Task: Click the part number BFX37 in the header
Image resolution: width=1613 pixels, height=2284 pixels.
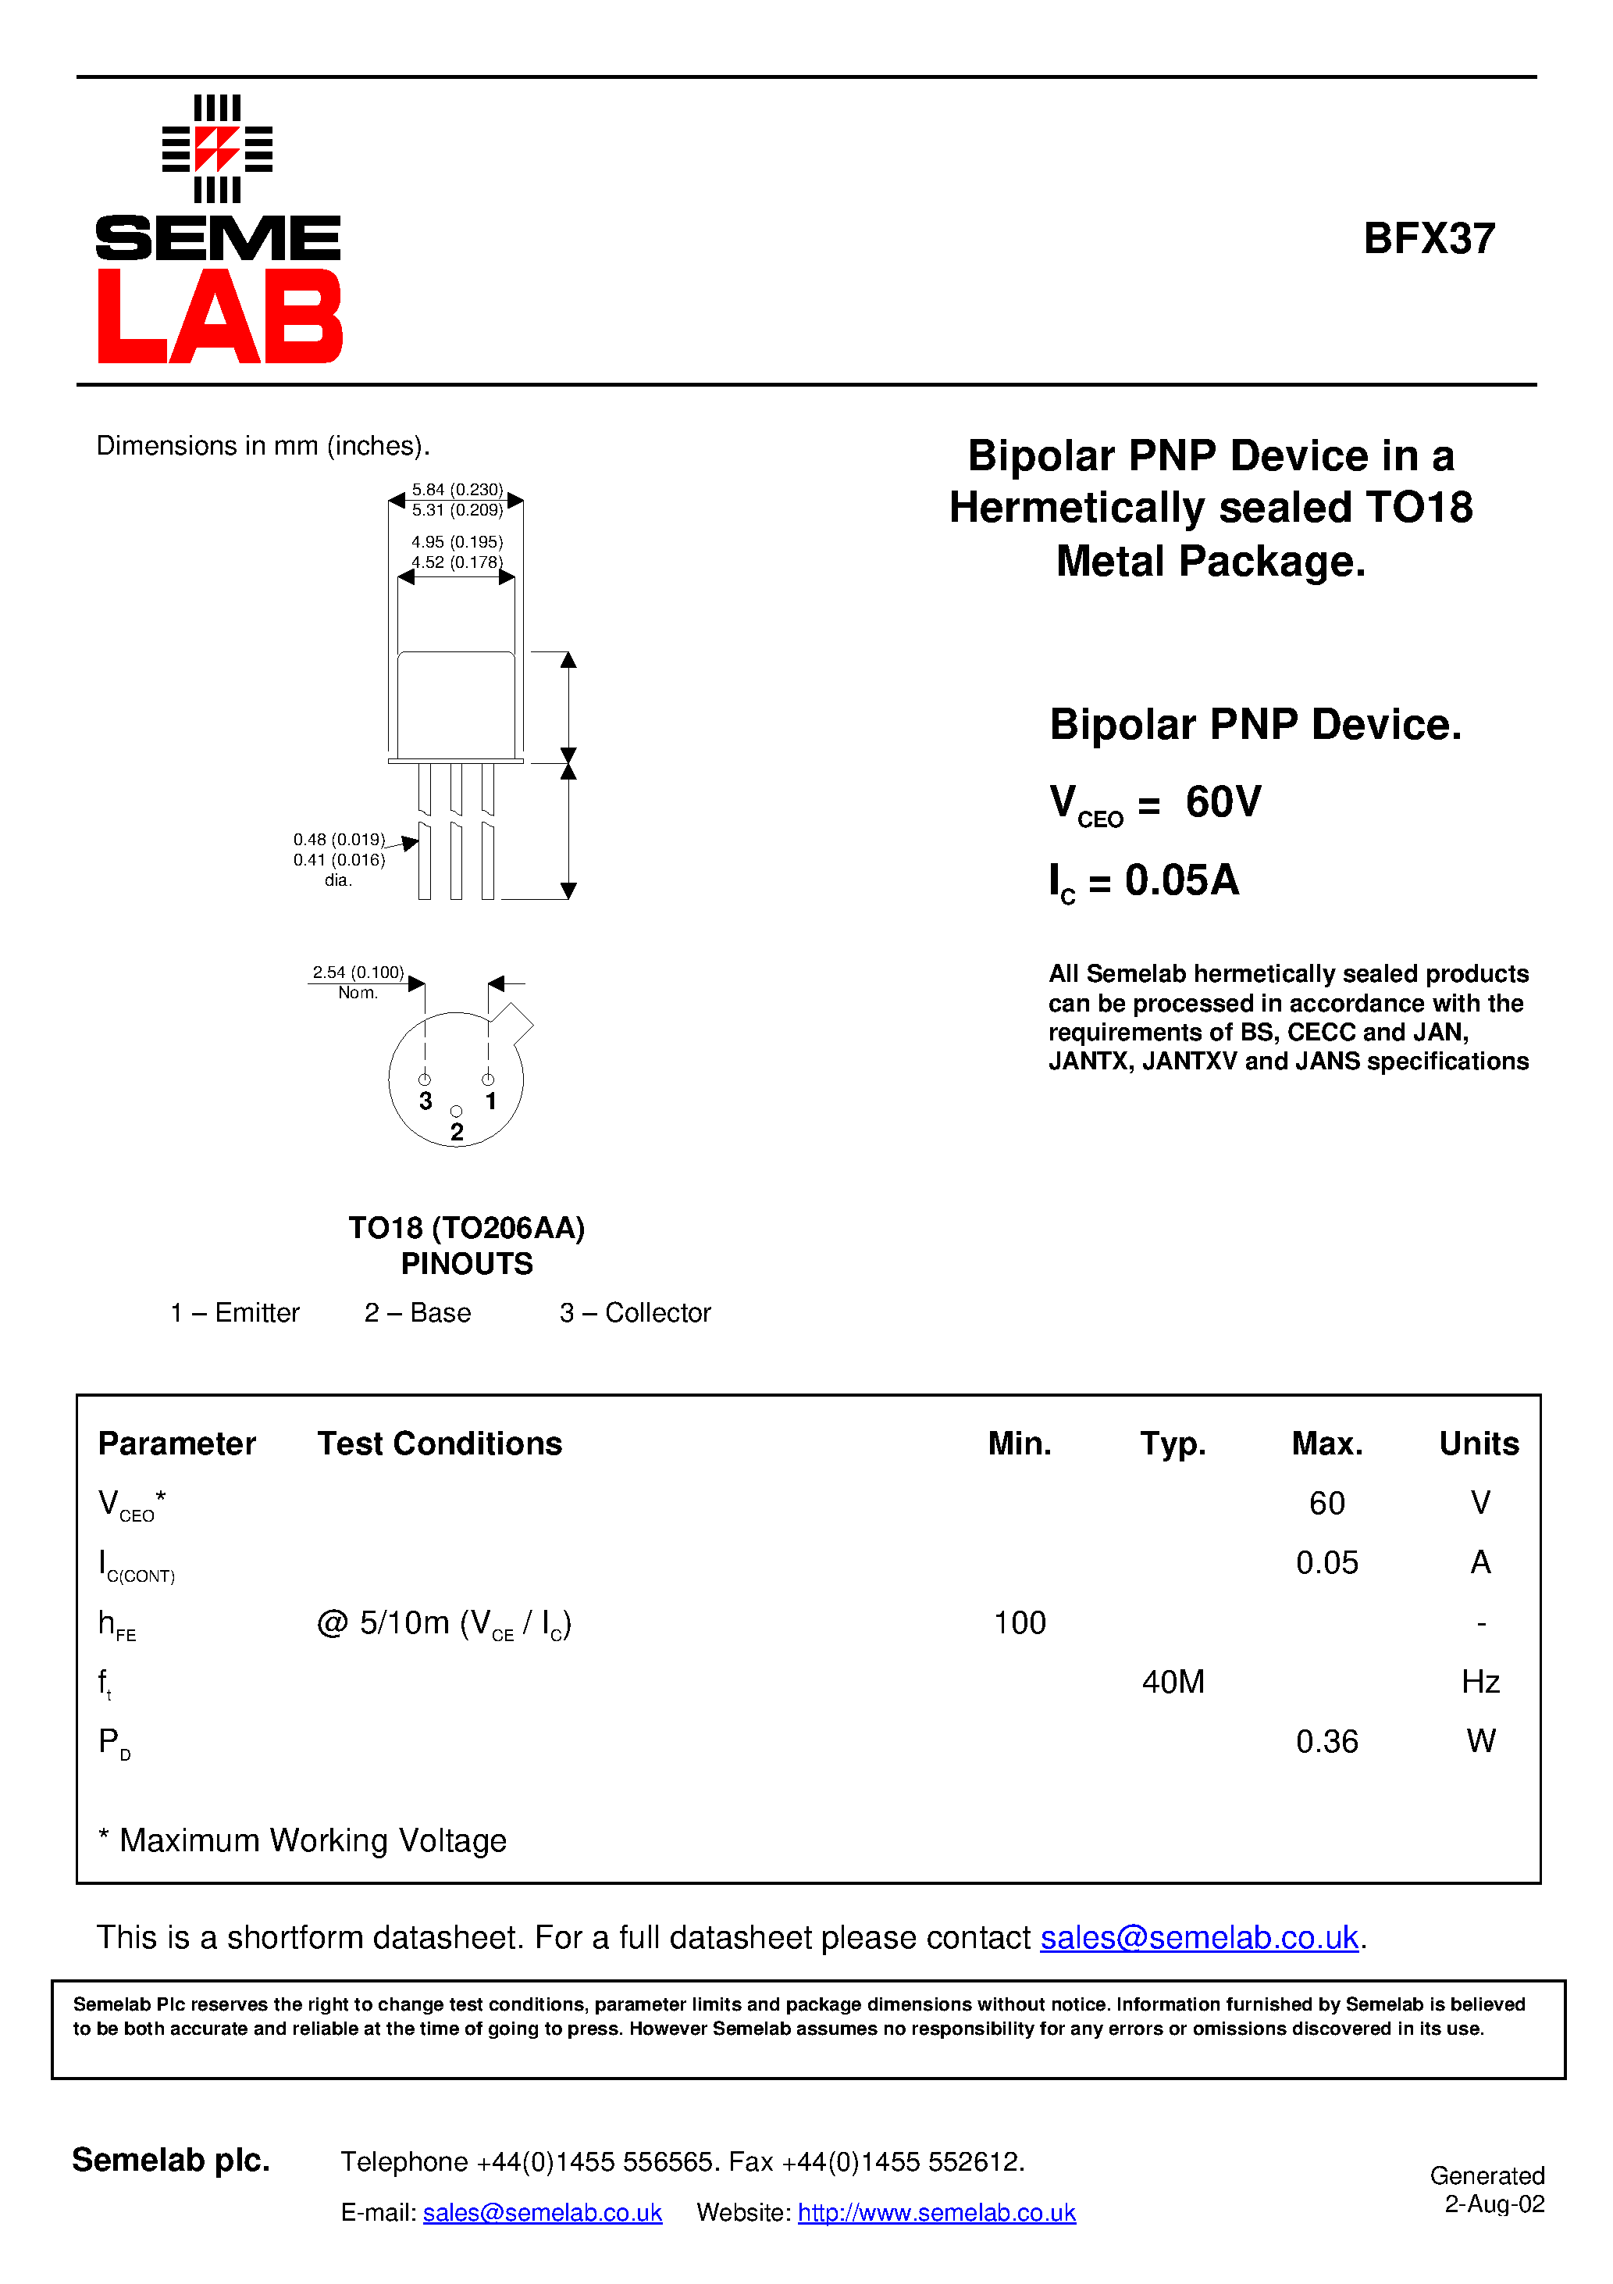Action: point(1428,239)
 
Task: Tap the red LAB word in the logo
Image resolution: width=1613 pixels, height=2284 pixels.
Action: point(219,317)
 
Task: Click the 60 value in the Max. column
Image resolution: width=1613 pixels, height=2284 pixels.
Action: point(1326,1502)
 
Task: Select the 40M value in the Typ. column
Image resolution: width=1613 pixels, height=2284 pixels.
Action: point(1173,1683)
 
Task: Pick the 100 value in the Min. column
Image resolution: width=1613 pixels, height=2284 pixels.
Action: point(1020,1622)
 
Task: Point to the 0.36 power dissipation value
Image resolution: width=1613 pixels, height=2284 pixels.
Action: point(1326,1742)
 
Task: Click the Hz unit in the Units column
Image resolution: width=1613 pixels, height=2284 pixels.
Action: point(1479,1683)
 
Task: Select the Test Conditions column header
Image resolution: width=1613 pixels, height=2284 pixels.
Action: point(440,1444)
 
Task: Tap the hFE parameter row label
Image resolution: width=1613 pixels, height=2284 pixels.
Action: point(116,1625)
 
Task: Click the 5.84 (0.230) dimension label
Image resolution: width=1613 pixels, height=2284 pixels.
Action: point(458,490)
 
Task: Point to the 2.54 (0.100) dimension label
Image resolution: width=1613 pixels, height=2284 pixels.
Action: point(358,972)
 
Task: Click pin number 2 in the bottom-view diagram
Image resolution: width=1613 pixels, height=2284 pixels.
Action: point(457,1132)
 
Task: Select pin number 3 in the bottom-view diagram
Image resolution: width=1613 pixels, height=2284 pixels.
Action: point(426,1101)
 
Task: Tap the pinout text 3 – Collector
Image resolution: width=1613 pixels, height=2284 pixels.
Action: point(635,1313)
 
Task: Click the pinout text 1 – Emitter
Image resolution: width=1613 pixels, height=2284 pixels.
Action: point(235,1313)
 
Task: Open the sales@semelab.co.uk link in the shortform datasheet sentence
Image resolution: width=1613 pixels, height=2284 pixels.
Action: point(1198,1938)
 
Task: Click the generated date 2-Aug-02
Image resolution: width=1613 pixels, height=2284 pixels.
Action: point(1494,2204)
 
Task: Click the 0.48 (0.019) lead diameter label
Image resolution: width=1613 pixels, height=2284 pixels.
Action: point(339,840)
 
